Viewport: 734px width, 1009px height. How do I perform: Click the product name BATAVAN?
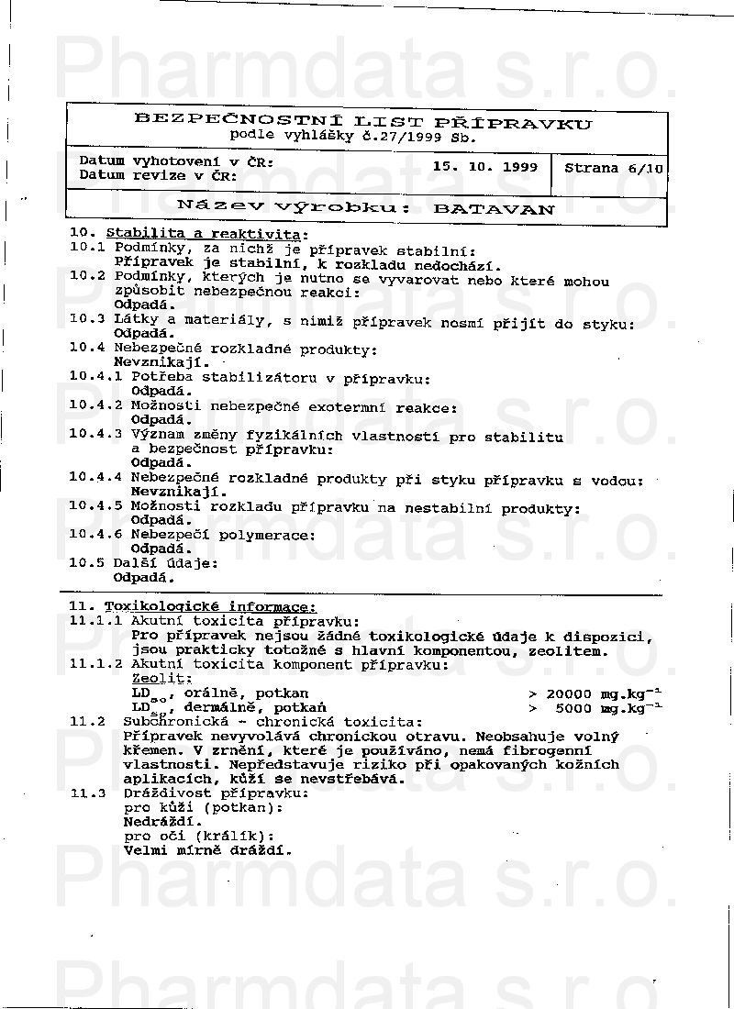[x=494, y=208]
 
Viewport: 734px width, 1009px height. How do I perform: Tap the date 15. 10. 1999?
[x=485, y=167]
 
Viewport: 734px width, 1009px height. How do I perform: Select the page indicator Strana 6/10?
[x=614, y=168]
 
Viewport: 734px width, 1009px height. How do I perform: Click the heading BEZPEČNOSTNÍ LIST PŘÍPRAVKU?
[x=363, y=121]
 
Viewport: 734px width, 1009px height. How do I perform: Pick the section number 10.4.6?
[x=95, y=535]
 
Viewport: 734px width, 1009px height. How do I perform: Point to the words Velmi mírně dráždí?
[x=207, y=849]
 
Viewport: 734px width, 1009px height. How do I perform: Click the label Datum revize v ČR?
[x=158, y=175]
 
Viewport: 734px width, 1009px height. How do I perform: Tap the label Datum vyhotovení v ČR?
[x=176, y=161]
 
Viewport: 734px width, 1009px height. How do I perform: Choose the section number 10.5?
[x=86, y=562]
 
